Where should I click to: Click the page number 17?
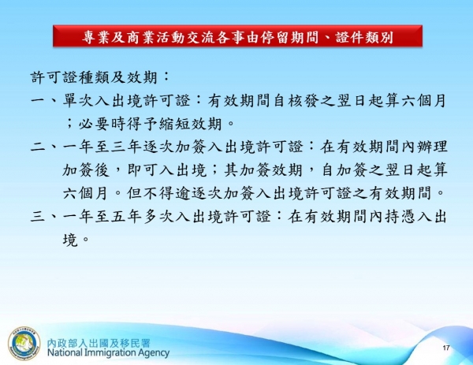tap(446, 348)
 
